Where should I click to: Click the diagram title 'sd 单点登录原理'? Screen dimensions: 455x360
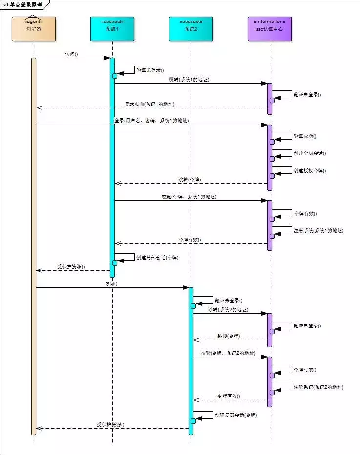click(x=22, y=4)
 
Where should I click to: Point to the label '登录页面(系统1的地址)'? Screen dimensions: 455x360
click(x=149, y=104)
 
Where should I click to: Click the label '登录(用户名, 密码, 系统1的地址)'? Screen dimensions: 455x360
click(x=151, y=120)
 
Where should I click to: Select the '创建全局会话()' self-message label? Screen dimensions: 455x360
click(x=309, y=153)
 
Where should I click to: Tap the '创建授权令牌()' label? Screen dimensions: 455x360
click(x=309, y=171)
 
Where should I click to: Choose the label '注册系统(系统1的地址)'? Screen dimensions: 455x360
click(x=318, y=230)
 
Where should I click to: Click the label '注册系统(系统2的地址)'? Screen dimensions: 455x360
click(x=318, y=387)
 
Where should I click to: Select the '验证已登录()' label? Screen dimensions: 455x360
click(x=307, y=325)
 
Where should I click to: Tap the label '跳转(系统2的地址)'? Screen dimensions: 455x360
click(x=228, y=310)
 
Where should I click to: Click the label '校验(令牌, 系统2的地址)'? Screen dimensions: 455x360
click(x=228, y=353)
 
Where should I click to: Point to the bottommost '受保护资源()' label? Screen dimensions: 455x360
click(x=110, y=425)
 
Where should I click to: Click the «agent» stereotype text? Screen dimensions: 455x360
click(x=34, y=22)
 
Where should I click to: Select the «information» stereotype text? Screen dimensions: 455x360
click(x=269, y=22)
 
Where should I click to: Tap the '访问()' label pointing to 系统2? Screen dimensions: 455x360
click(x=111, y=283)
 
